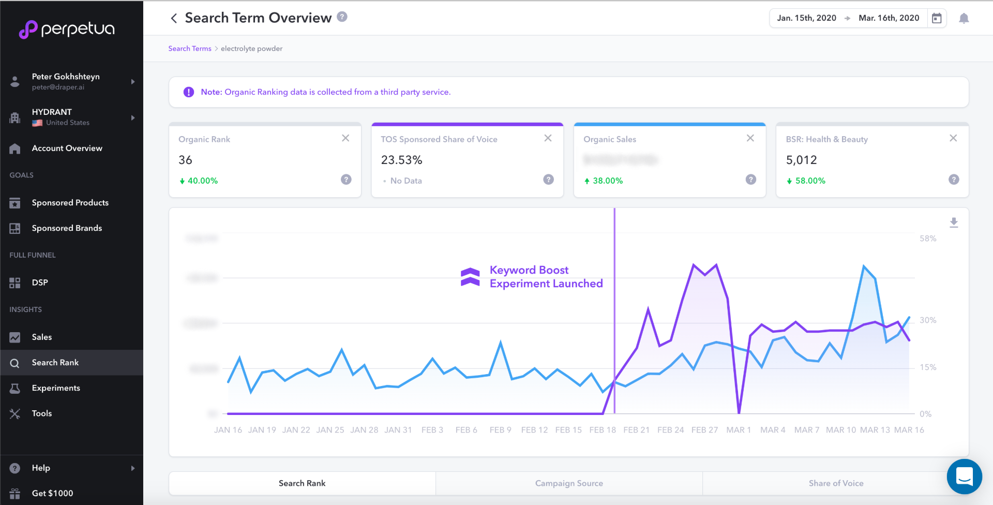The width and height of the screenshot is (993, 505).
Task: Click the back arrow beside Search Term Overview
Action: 174,18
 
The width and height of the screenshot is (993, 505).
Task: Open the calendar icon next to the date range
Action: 937,18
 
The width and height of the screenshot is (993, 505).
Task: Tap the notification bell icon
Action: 964,19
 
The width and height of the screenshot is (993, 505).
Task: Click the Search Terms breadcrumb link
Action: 189,49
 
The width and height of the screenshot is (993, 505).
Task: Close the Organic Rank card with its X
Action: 345,138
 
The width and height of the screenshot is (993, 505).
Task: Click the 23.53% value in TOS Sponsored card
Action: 401,160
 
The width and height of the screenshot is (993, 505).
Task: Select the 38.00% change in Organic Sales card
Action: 607,181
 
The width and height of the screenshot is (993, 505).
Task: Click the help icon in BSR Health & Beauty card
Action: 954,180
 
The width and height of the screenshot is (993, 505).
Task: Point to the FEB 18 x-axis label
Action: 602,430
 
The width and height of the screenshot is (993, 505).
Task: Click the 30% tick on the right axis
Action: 928,320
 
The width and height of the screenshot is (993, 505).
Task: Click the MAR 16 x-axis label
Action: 909,430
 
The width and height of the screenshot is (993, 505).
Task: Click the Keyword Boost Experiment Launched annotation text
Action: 546,277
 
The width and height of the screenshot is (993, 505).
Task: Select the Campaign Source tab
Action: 569,483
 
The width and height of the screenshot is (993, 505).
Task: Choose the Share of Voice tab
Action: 836,483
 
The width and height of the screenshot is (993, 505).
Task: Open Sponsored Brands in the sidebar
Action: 67,228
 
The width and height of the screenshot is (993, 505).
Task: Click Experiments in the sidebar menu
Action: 56,388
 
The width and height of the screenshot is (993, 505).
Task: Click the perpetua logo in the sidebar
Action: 67,29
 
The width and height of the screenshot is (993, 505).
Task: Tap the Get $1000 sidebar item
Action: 52,494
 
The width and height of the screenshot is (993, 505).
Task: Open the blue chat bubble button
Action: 964,476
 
